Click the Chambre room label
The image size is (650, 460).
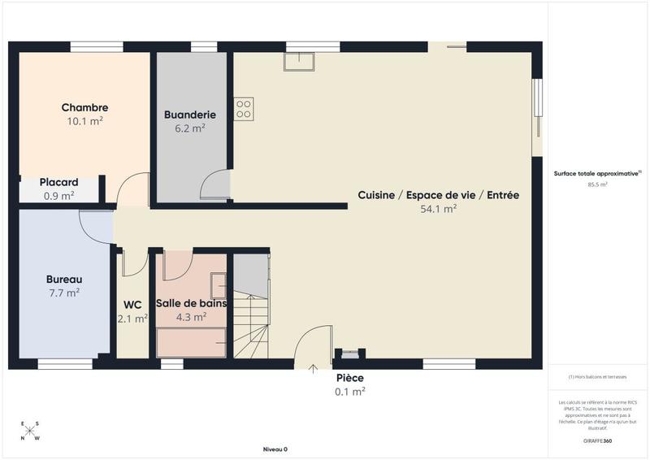(x=84, y=108)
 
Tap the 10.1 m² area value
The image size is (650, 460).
(x=84, y=121)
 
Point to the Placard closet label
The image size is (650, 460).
(x=59, y=183)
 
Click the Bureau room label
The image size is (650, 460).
(x=63, y=280)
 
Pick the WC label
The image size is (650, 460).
(x=132, y=305)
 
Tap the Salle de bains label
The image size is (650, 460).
(x=191, y=303)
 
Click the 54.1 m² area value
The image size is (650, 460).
(x=439, y=209)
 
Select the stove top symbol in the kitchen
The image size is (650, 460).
(x=244, y=109)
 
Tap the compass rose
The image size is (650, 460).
(x=30, y=432)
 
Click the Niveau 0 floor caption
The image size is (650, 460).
(x=275, y=449)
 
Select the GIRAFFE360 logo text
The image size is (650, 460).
(x=597, y=440)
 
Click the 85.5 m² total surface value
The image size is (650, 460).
(x=597, y=184)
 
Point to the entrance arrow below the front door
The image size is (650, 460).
(x=313, y=368)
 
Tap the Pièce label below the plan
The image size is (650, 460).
(x=349, y=378)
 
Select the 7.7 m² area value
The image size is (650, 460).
(x=63, y=293)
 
